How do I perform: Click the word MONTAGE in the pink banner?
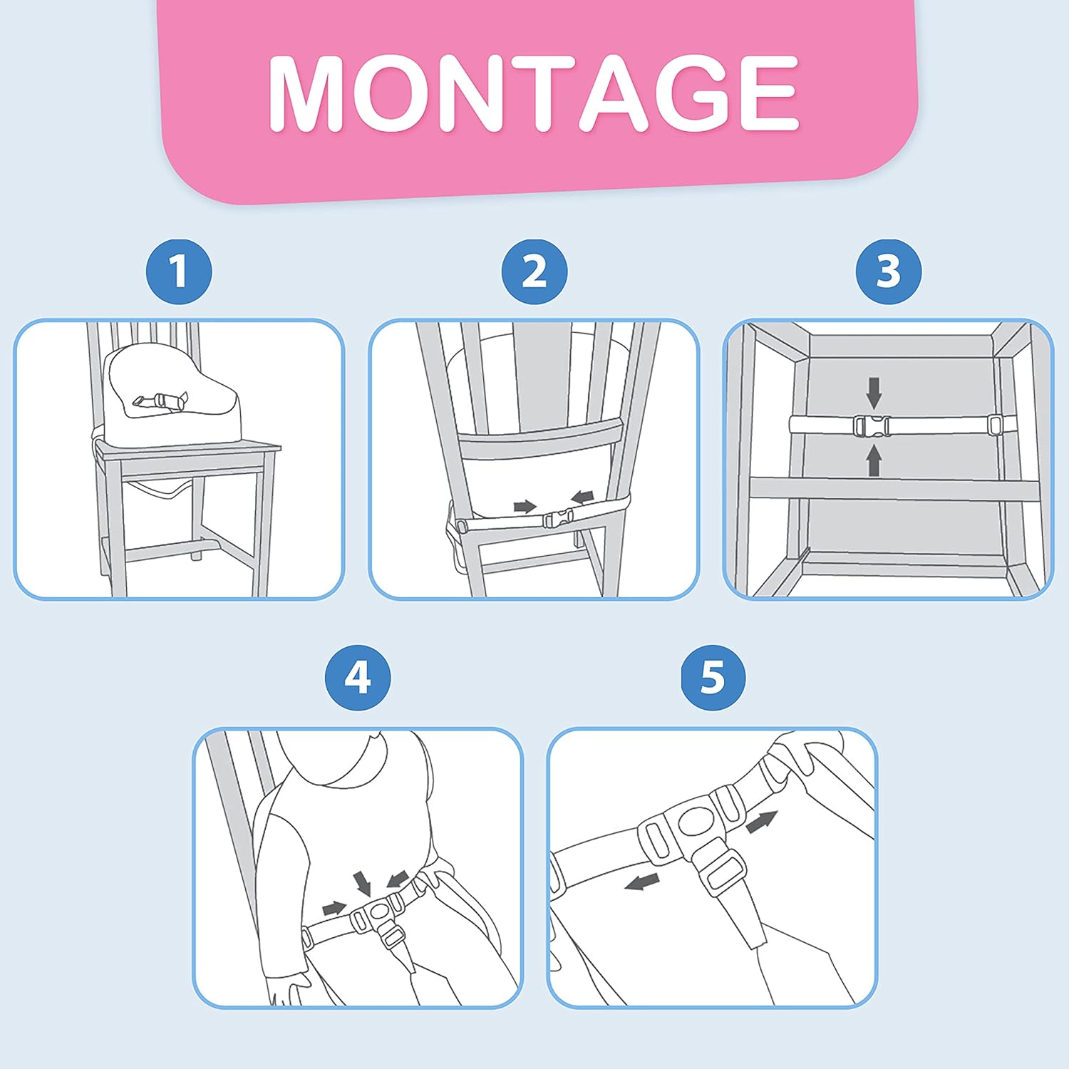point(534,93)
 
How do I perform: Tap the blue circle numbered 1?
point(179,272)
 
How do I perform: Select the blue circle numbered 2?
point(534,272)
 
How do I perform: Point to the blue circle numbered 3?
point(888,272)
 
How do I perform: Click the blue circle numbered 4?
point(358,677)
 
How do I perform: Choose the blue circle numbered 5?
point(713,677)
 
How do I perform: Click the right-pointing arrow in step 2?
point(525,507)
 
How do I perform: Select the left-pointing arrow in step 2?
point(583,496)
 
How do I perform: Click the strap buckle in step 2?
point(558,519)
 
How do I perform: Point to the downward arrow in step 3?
point(874,393)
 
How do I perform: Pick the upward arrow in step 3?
point(874,460)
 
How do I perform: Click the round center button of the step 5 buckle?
point(695,821)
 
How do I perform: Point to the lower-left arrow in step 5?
point(641,882)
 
